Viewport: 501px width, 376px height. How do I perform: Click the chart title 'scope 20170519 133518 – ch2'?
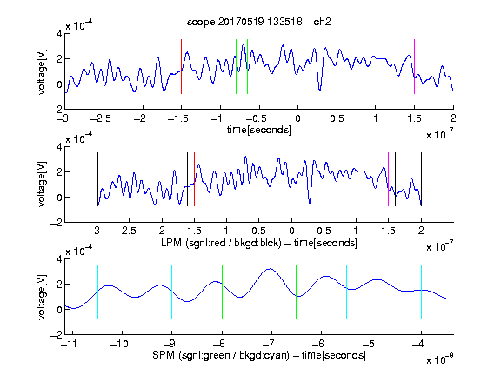pyautogui.click(x=259, y=22)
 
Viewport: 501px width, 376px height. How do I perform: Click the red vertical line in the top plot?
pyautogui.click(x=181, y=66)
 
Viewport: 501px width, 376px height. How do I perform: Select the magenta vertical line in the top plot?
pyautogui.click(x=414, y=66)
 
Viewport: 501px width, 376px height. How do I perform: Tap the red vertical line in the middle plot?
pyautogui.click(x=194, y=179)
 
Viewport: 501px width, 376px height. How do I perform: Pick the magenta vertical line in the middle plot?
pyautogui.click(x=388, y=179)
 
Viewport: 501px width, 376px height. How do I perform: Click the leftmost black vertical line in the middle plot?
pyautogui.click(x=97, y=179)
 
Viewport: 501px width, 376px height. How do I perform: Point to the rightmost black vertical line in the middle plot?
pyautogui.click(x=421, y=179)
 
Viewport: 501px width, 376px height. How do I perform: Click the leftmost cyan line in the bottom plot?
pyautogui.click(x=97, y=292)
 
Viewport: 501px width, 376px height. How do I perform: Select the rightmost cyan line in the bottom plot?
pyautogui.click(x=421, y=292)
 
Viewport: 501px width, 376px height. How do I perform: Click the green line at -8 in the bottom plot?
pyautogui.click(x=222, y=292)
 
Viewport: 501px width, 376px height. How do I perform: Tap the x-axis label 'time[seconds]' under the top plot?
pyautogui.click(x=259, y=131)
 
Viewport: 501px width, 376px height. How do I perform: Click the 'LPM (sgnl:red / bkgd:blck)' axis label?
pyautogui.click(x=221, y=243)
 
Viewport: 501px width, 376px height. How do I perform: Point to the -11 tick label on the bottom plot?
pyautogui.click(x=71, y=344)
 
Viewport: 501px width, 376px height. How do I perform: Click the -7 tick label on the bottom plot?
pyautogui.click(x=271, y=344)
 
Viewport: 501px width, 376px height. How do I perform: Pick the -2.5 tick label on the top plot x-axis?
pyautogui.click(x=101, y=118)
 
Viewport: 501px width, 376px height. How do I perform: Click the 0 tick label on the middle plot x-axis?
pyautogui.click(x=291, y=232)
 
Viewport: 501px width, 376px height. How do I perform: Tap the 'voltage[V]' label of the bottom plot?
pyautogui.click(x=42, y=297)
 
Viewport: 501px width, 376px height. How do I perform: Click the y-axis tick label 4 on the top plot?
pyautogui.click(x=59, y=33)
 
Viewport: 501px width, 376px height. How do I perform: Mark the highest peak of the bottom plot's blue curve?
pyautogui.click(x=270, y=269)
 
